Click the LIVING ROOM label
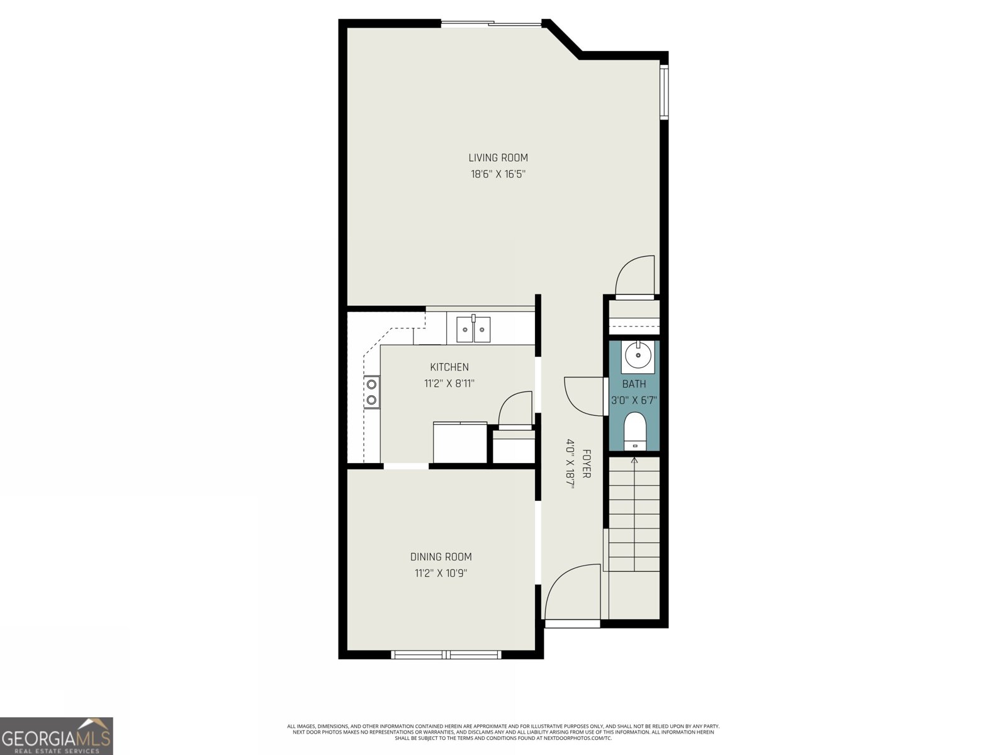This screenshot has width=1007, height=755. pos(498,158)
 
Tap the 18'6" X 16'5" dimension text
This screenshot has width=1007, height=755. pos(498,174)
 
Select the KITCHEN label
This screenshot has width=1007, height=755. pos(449,367)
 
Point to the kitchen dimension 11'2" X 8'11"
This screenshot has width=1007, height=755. pos(449,383)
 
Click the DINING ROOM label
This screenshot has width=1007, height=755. pos(441,557)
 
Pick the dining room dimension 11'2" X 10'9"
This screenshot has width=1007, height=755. pos(441,573)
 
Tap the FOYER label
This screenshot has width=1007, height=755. pos(586,463)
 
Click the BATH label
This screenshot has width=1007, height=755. pos(634,384)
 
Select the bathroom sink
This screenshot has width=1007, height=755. pos(638,355)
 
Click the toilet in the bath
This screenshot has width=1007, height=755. pos(634,431)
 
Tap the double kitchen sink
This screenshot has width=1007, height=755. pos(473,329)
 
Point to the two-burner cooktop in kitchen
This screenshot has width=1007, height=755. pos(372,391)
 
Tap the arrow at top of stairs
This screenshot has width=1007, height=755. pos(634,461)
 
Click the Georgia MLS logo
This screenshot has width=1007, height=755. pos(57,735)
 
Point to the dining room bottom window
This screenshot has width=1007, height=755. pos(446,654)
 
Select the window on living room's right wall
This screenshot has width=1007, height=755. pos(663,91)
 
